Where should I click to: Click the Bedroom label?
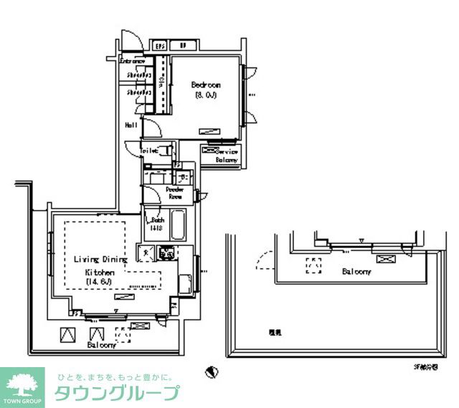point(205,85)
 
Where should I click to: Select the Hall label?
point(131,125)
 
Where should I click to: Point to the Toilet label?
point(149,151)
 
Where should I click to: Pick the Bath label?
point(158,219)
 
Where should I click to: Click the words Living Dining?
point(100,259)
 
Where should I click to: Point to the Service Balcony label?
point(228,156)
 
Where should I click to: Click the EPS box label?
point(161,46)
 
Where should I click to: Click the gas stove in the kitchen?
point(168,252)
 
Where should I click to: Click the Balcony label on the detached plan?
point(356,272)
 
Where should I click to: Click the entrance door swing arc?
point(127,42)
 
